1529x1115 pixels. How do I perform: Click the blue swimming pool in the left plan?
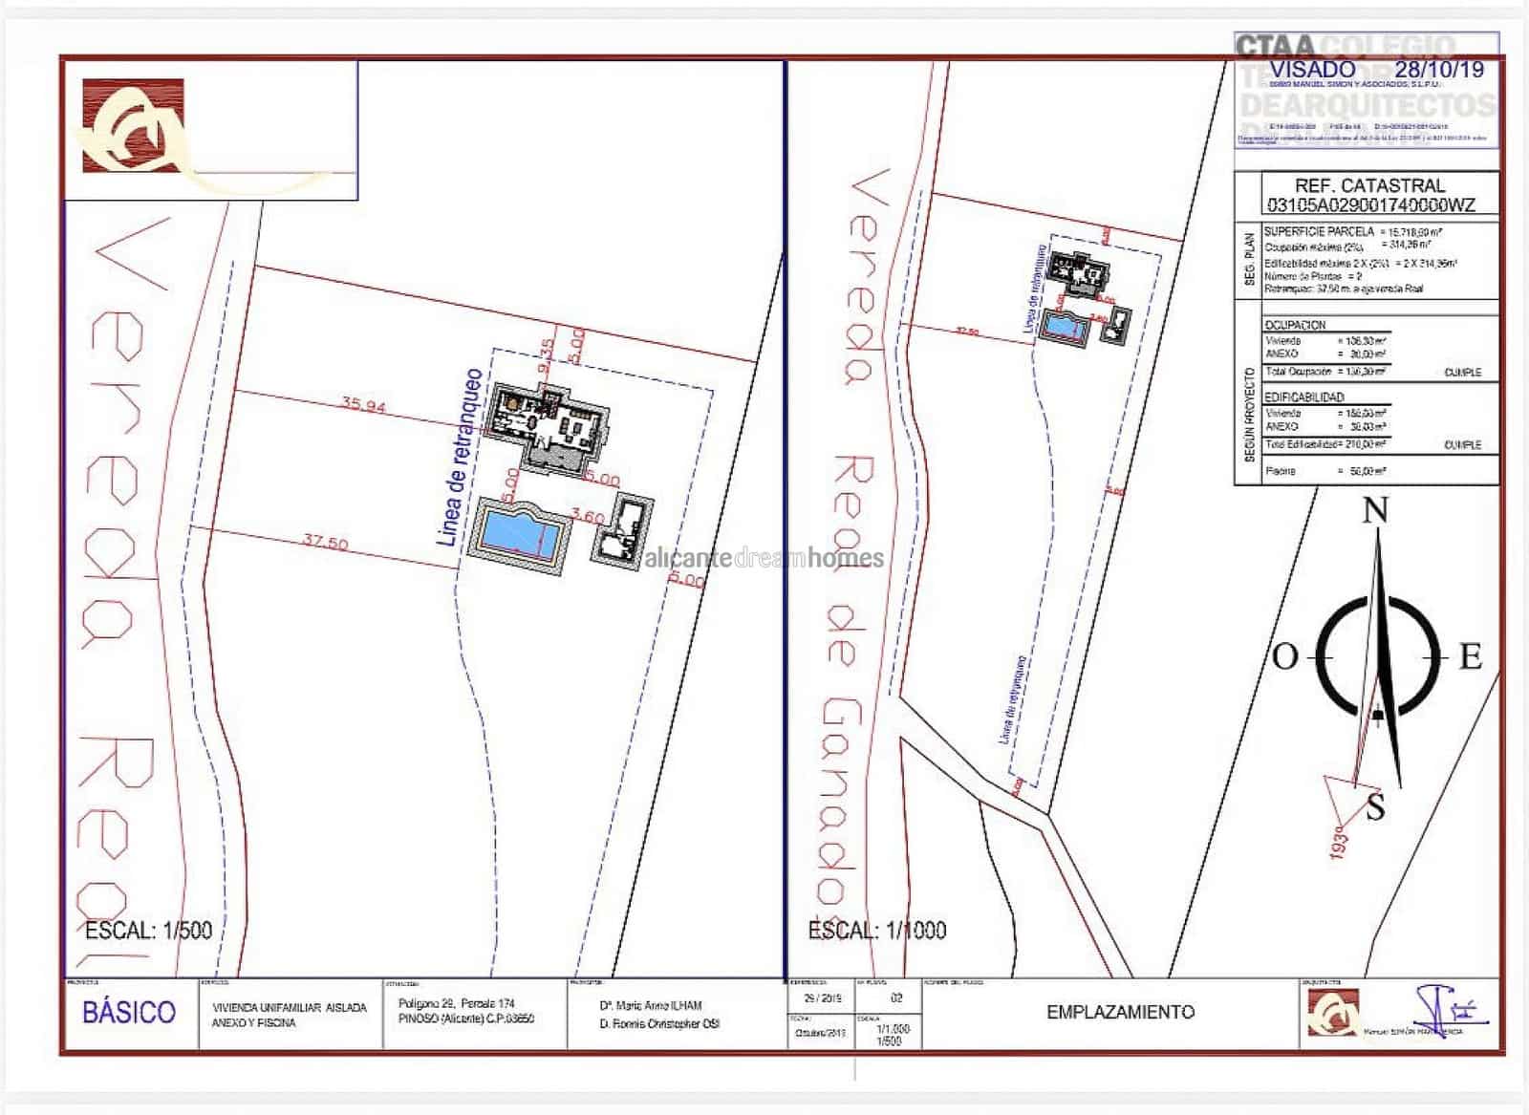521,533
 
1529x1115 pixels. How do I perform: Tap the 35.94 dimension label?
363,405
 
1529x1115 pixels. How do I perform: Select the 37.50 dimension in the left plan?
325,543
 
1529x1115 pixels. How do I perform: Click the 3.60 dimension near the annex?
588,517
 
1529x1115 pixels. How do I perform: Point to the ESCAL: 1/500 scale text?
148,930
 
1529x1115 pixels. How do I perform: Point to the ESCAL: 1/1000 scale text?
876,930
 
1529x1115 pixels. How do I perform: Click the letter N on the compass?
1374,511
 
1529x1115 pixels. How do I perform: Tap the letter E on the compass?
1470,657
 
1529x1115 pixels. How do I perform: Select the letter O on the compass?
1285,657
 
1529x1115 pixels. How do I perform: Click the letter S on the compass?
1375,807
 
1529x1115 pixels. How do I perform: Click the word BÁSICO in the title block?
129,1013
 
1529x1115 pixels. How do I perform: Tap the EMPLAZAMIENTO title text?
1120,1012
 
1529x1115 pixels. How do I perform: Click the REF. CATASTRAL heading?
1369,185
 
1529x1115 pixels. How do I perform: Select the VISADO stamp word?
1312,69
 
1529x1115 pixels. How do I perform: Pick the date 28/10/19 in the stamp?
1439,69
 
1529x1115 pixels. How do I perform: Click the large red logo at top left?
134,126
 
